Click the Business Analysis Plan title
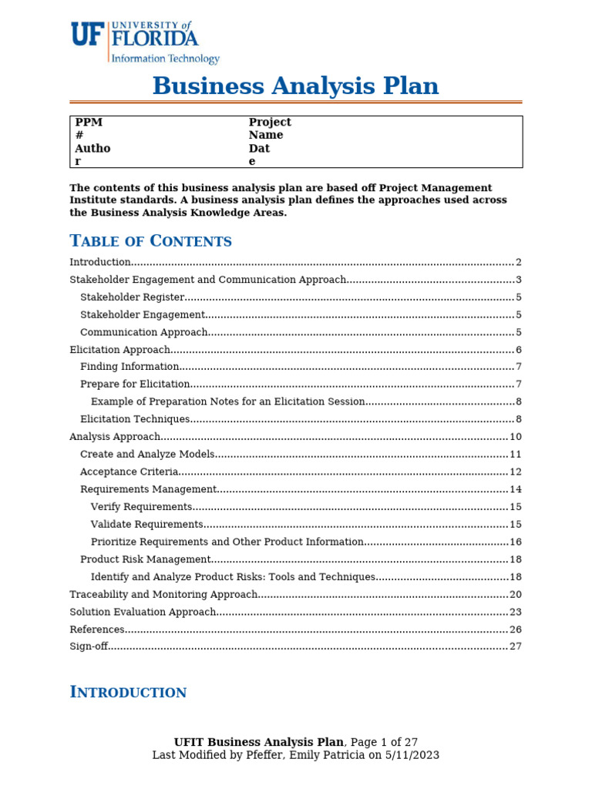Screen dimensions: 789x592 coord(295,86)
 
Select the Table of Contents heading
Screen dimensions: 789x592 coord(150,241)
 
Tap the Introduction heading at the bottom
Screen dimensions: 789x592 coord(128,692)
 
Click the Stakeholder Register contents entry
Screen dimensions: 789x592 coord(132,297)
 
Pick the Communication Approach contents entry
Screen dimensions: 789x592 coord(143,332)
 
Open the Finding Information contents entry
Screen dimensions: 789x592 coord(129,367)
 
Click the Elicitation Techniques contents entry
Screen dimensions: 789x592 coord(135,419)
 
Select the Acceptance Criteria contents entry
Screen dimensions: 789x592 coord(129,472)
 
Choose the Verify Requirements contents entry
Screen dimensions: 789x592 coord(141,507)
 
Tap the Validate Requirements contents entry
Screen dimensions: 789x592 coord(146,524)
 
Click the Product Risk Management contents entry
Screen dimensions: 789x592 coord(145,559)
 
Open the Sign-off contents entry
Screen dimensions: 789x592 coord(89,646)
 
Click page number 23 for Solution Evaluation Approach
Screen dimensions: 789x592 coord(516,612)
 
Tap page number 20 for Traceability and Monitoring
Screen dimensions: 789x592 coord(516,594)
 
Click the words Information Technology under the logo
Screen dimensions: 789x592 coord(166,59)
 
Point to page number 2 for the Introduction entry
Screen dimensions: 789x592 coord(519,263)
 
